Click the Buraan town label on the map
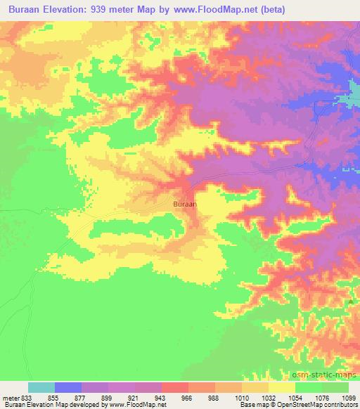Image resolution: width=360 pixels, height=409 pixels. pyautogui.click(x=185, y=204)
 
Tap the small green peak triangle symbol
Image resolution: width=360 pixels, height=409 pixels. pyautogui.click(x=350, y=301)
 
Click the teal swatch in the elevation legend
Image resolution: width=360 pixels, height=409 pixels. pyautogui.click(x=41, y=387)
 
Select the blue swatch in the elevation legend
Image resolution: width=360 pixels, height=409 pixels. pyautogui.click(x=68, y=387)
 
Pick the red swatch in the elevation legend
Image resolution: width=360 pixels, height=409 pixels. pyautogui.click(x=175, y=387)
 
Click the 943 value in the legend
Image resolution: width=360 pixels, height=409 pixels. pyautogui.click(x=161, y=398)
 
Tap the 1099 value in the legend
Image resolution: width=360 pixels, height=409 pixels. pyautogui.click(x=349, y=398)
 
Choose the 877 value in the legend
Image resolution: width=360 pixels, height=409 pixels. pyautogui.click(x=80, y=398)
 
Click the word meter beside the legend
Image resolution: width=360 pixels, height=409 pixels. pyautogui.click(x=11, y=398)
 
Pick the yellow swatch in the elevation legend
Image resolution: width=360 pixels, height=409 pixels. pyautogui.click(x=282, y=387)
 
